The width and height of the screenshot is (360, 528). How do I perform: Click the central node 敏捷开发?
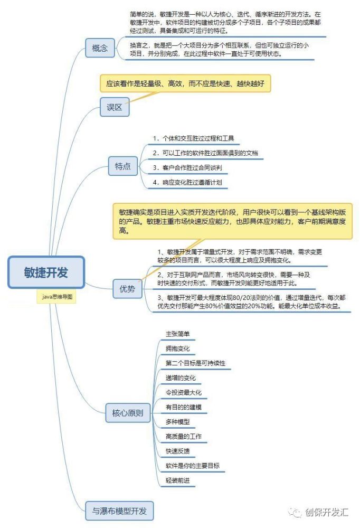tap(46, 272)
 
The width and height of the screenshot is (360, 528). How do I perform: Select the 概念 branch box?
tap(100, 48)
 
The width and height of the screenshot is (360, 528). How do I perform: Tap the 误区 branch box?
tap(115, 107)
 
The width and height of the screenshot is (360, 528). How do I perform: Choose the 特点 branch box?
tap(122, 166)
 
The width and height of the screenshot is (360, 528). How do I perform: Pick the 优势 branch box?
tap(127, 289)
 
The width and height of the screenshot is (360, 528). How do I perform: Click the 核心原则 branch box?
tap(128, 413)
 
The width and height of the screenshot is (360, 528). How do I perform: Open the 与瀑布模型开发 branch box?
tap(119, 511)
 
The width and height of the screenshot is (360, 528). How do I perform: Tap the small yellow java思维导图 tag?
tap(57, 297)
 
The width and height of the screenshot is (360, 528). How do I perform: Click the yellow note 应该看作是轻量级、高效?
tap(185, 83)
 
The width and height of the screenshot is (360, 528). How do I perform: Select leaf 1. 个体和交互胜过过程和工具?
tap(193, 138)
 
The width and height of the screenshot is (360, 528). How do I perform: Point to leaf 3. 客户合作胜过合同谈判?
tap(187, 168)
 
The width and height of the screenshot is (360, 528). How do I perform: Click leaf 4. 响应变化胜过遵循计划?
tap(187, 183)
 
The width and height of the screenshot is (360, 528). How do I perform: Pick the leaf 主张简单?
tap(177, 334)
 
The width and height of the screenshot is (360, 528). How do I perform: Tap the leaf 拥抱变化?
tap(177, 348)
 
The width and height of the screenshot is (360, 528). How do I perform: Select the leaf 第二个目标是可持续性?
tap(195, 363)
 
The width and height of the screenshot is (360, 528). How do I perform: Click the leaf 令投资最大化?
tap(184, 392)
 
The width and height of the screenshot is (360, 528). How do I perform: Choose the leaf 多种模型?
tap(177, 421)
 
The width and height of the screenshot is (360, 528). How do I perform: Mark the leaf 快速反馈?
tap(177, 451)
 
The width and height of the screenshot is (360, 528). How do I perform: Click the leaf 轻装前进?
tap(177, 480)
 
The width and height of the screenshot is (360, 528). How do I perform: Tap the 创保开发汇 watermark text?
tap(326, 512)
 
